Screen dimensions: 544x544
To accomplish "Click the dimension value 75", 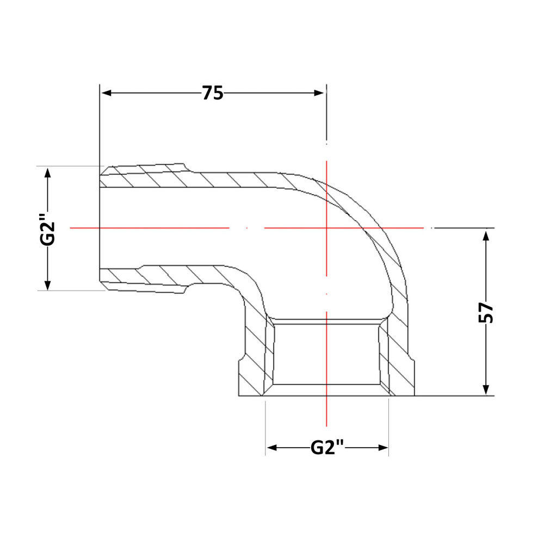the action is click(x=213, y=93).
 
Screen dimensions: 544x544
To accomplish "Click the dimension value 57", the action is click(x=486, y=312).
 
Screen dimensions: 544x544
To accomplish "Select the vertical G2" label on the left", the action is click(x=47, y=230).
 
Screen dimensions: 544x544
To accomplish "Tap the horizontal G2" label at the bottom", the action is click(x=327, y=447).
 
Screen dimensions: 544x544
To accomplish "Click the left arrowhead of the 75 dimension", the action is click(x=106, y=93).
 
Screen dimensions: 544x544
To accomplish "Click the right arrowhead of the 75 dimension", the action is click(x=319, y=93).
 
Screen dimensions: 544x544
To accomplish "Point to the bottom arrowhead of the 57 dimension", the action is click(x=486, y=390).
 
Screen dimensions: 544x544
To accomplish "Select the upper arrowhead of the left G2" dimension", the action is click(x=48, y=173).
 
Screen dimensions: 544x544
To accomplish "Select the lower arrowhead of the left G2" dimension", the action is click(x=48, y=285).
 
